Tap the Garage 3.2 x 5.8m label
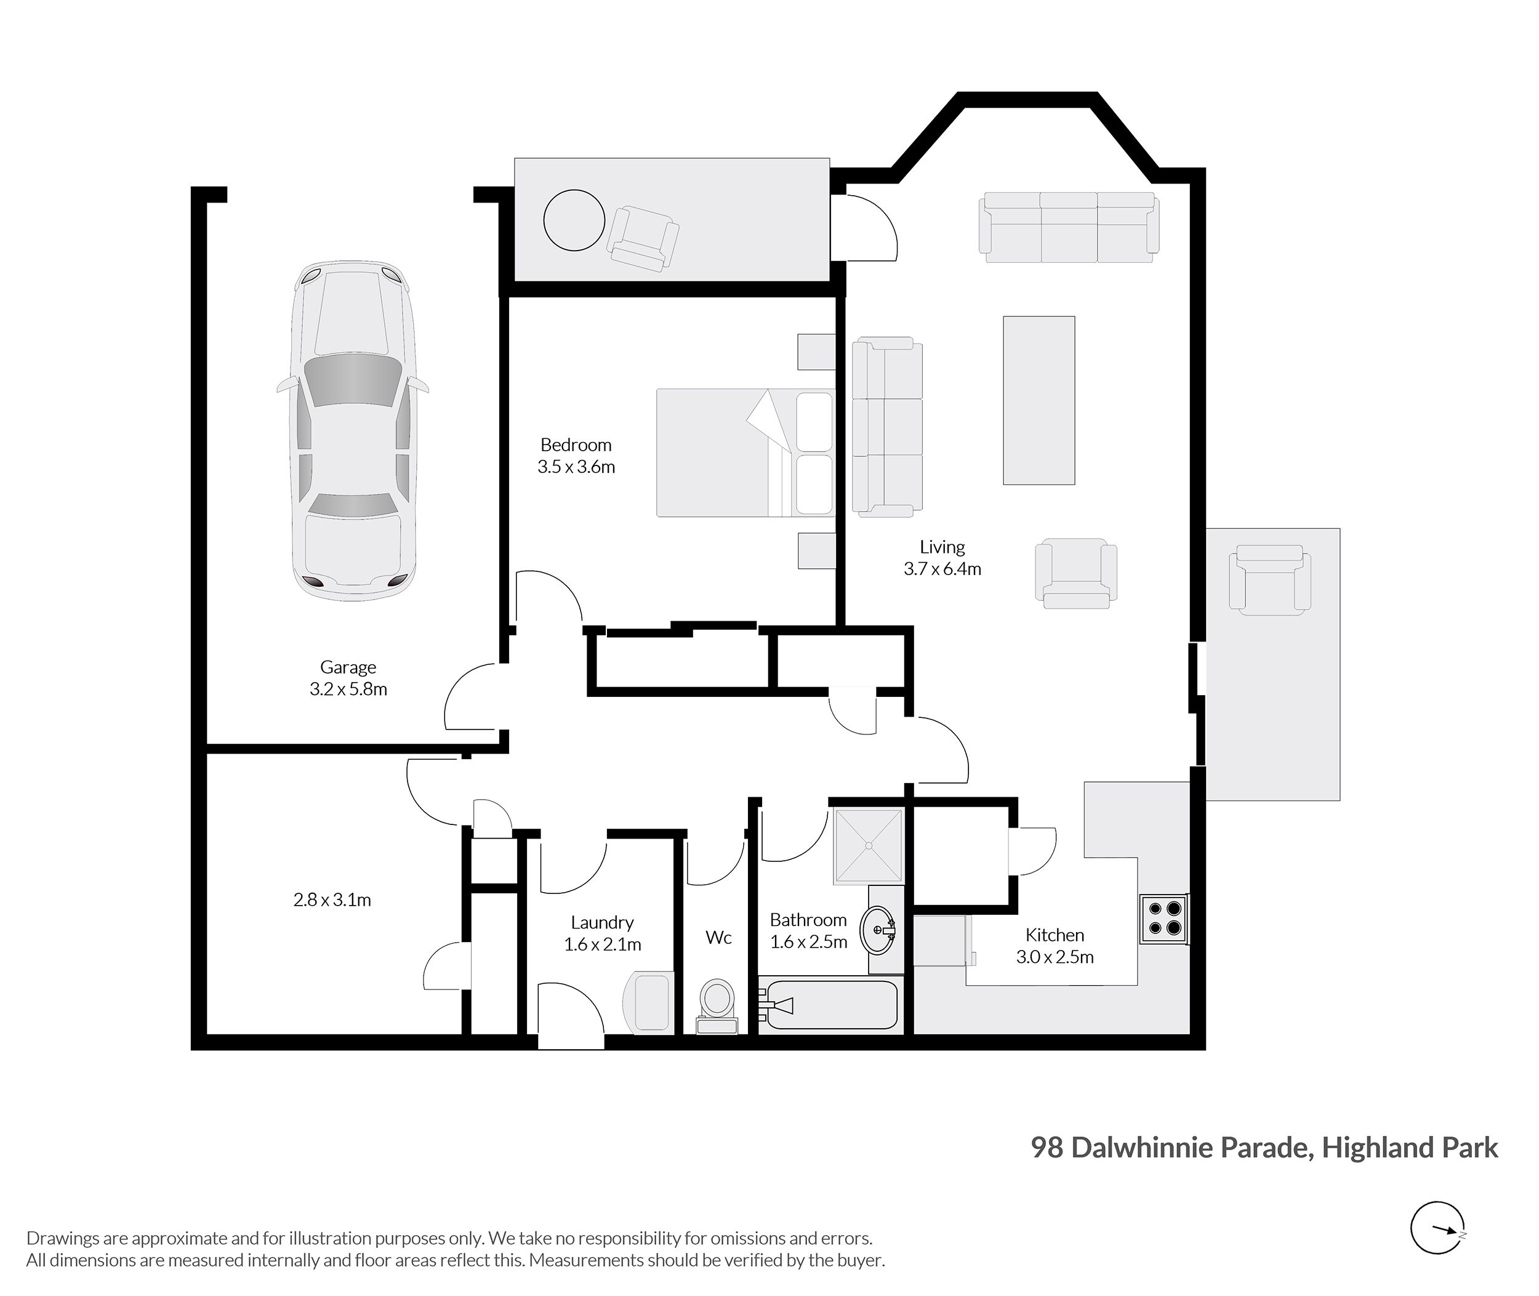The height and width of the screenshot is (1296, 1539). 348,678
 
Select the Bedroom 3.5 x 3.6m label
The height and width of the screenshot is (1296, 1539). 576,456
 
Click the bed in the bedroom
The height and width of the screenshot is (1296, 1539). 745,453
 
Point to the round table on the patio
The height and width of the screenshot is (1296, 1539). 574,220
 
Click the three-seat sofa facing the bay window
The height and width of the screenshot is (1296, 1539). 1069,227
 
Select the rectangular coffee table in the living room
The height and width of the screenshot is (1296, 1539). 1039,400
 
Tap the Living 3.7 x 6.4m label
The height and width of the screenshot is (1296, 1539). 942,558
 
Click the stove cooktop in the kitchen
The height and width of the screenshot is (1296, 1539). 1163,919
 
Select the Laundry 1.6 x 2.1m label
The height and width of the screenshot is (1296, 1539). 603,933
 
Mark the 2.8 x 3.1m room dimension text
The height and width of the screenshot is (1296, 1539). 332,900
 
